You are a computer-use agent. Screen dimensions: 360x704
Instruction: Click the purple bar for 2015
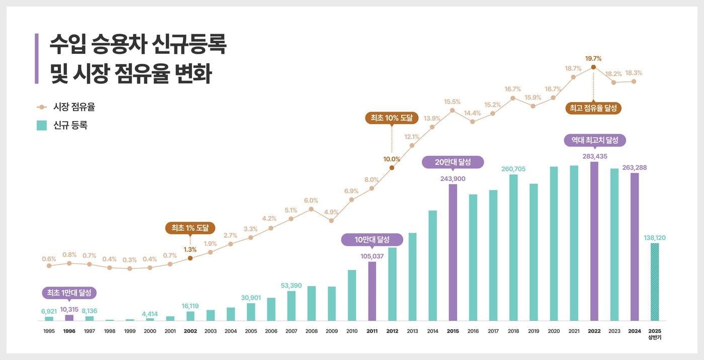pos(453,252)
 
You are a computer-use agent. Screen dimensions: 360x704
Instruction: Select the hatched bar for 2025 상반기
pos(654,282)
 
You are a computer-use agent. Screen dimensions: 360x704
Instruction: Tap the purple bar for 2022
pos(594,241)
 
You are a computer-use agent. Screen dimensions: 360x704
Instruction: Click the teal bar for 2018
pos(513,247)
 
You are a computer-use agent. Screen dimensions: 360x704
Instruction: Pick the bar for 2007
pos(291,306)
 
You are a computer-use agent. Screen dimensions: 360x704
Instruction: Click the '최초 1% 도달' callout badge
pos(190,228)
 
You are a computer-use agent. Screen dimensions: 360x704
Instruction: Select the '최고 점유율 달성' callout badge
pos(593,108)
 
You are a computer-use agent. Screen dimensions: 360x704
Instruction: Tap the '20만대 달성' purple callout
pos(453,162)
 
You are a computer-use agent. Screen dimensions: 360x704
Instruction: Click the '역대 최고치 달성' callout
pos(594,140)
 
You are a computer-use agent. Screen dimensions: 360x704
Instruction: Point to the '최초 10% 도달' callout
pos(391,118)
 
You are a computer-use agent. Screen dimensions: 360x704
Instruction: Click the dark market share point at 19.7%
pos(593,67)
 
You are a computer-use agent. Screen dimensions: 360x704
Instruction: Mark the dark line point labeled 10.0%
pos(392,167)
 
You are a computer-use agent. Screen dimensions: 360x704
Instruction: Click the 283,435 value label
pos(594,156)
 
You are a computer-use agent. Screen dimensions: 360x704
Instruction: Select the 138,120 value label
pos(654,237)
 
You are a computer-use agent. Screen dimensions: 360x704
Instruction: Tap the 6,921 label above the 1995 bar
pos(49,311)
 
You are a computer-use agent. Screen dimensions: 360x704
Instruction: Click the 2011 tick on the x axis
pos(372,331)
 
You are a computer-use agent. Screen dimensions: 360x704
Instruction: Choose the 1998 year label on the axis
pos(110,331)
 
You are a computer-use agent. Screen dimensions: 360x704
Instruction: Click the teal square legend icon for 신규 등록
pos(42,126)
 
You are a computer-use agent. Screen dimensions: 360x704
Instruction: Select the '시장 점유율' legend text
pos(74,107)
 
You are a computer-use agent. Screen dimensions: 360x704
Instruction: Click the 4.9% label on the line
pos(331,212)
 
